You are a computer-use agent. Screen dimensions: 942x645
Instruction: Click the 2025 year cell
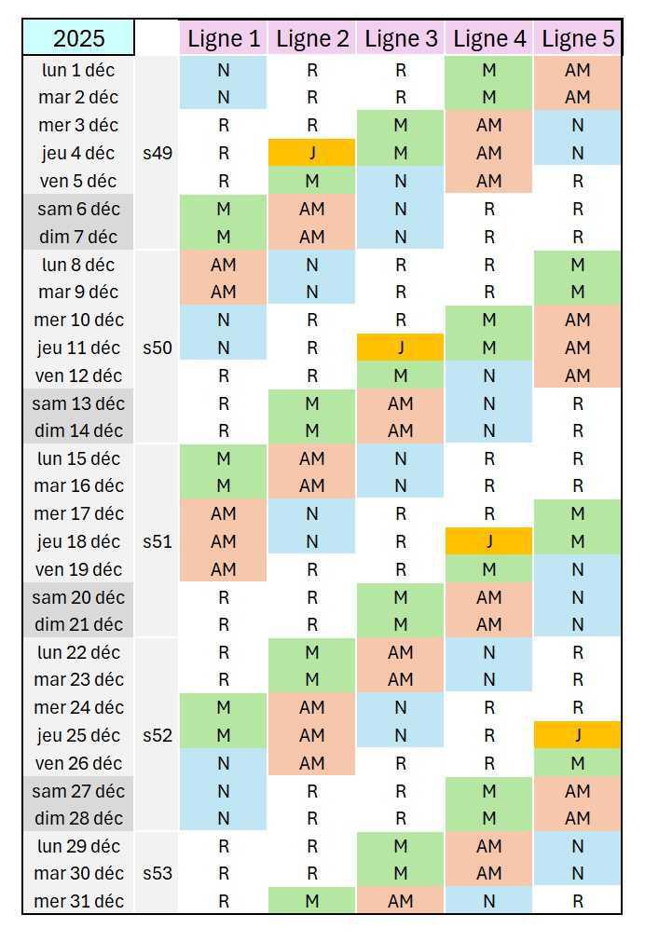[78, 38]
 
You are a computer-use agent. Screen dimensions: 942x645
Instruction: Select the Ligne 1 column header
[224, 38]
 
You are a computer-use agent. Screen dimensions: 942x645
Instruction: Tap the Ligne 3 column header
[401, 38]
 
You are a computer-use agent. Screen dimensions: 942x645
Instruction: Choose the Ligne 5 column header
[578, 38]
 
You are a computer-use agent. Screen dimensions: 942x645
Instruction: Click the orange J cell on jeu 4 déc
[312, 153]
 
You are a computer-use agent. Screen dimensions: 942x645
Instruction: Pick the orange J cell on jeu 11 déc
[401, 348]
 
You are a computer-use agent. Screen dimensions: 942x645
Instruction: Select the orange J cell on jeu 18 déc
[489, 541]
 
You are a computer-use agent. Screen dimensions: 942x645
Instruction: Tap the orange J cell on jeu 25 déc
[578, 735]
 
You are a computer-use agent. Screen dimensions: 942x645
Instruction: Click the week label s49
[158, 153]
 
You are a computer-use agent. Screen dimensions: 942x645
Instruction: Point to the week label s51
[158, 541]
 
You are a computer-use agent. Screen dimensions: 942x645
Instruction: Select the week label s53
[158, 874]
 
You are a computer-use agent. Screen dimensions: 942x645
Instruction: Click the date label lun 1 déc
[79, 70]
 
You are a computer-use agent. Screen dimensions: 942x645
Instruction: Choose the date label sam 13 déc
[78, 403]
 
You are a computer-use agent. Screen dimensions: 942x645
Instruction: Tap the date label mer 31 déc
[78, 901]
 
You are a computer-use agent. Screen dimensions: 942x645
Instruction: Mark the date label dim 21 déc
[79, 624]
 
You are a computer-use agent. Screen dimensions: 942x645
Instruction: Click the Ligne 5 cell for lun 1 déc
[578, 70]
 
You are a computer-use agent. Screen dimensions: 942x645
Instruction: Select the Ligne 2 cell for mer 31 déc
[312, 901]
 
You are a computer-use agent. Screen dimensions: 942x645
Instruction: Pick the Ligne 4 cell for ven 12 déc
[489, 375]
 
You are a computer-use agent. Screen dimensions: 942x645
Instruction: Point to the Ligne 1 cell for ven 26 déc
[224, 763]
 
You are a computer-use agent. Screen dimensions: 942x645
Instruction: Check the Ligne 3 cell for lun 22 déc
[401, 652]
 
